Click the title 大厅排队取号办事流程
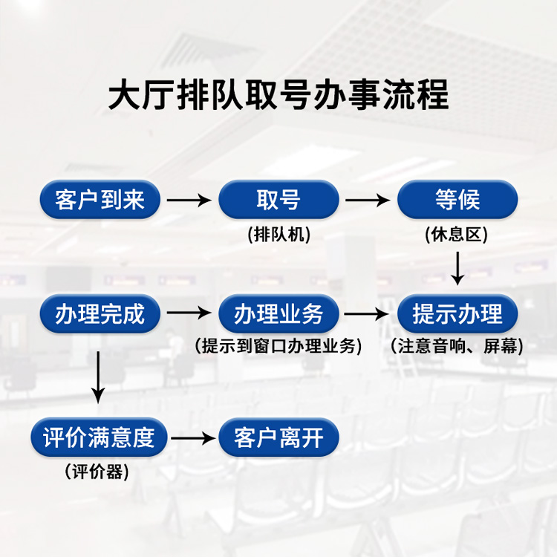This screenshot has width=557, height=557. (278, 97)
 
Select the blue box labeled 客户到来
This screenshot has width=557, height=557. (100, 200)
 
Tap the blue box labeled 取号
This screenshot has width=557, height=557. (278, 200)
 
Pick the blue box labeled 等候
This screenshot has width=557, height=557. (457, 200)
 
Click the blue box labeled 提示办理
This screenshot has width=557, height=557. (457, 314)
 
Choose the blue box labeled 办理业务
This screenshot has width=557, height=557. (278, 314)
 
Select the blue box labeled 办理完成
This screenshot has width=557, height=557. (100, 314)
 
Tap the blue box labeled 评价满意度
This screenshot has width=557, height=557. (100, 437)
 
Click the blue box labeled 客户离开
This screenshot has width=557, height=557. (278, 437)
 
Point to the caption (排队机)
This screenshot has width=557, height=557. (278, 235)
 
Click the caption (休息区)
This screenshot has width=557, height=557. (457, 235)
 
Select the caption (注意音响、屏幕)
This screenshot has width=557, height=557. (457, 346)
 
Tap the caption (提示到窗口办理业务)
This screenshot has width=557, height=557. (278, 346)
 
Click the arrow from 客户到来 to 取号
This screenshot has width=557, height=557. (189, 200)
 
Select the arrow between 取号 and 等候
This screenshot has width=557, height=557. (368, 200)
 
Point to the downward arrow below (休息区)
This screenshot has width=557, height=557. (457, 267)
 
